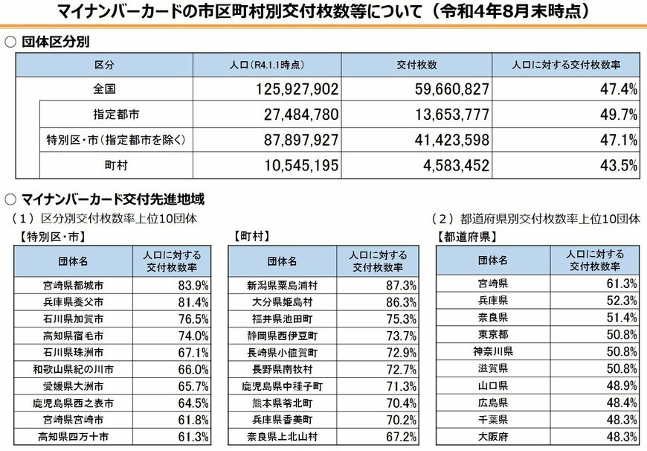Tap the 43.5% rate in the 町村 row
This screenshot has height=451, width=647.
pyautogui.click(x=622, y=164)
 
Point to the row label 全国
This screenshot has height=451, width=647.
pyautogui.click(x=104, y=89)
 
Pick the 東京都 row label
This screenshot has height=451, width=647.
pyautogui.click(x=493, y=333)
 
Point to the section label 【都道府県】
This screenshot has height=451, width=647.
pyautogui.click(x=466, y=237)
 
